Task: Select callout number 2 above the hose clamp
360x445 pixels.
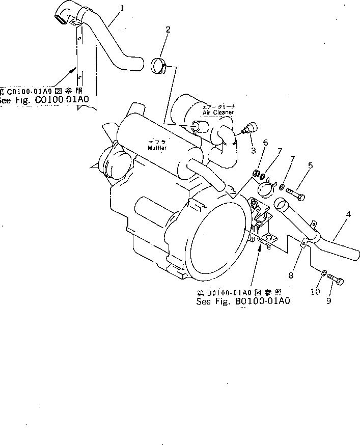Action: [168, 30]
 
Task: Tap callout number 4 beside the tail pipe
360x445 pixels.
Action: [348, 215]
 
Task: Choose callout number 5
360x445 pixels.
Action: [311, 165]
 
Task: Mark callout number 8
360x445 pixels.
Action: [291, 275]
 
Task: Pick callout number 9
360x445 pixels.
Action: [328, 301]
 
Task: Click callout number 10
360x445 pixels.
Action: [315, 292]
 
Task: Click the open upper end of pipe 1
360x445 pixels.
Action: [60, 19]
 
